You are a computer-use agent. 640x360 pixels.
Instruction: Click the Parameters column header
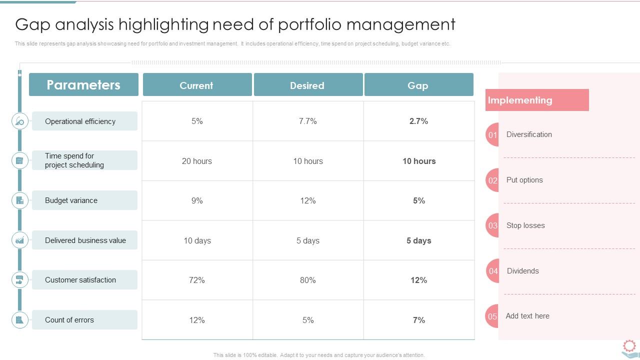tap(83, 84)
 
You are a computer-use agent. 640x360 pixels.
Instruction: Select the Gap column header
tap(418, 85)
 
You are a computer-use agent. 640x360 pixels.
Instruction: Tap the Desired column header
tap(308, 85)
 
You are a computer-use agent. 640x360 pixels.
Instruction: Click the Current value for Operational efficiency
tap(197, 121)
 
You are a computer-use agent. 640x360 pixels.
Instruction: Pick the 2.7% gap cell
tap(418, 121)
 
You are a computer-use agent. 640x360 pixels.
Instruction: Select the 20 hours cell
tap(197, 161)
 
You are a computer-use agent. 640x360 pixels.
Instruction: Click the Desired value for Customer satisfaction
tap(308, 280)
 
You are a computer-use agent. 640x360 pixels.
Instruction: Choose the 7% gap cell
tap(418, 320)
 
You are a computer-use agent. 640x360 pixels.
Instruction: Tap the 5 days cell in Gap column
tap(418, 240)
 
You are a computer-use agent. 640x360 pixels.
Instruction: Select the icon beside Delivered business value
tap(20, 240)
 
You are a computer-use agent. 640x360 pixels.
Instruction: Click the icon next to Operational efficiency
tap(20, 121)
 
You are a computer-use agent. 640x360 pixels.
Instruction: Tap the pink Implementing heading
tap(536, 100)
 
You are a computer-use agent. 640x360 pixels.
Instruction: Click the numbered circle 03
tap(492, 225)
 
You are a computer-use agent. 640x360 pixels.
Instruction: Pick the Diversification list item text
tap(529, 134)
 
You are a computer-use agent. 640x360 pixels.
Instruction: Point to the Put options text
tap(524, 180)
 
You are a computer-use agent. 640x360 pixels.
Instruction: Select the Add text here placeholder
tap(527, 316)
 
